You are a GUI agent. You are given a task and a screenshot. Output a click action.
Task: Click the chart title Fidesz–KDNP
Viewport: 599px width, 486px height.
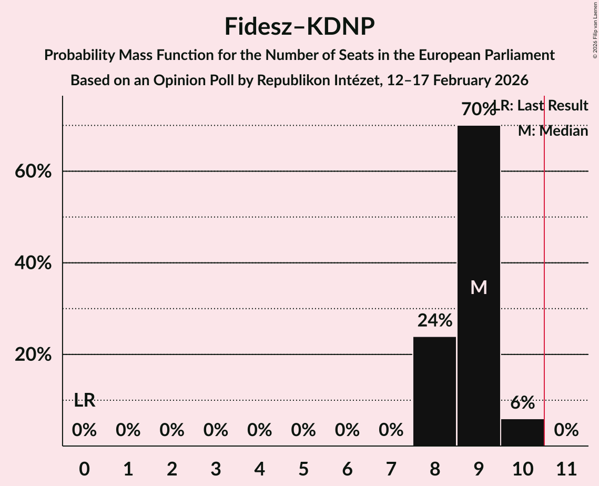299,26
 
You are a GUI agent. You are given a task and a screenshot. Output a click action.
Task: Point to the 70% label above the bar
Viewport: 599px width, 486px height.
478,109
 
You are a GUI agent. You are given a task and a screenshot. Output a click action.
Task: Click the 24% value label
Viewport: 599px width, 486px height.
434,320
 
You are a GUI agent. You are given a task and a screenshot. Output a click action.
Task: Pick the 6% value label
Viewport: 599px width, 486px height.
522,403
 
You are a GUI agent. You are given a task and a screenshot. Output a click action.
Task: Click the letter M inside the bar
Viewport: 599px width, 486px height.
479,287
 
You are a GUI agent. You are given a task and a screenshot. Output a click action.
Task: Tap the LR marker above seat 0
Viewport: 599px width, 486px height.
84,400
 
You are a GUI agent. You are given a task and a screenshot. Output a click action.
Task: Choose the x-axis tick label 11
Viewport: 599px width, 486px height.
566,467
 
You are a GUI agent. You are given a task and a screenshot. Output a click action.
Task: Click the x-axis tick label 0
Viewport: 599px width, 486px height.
84,467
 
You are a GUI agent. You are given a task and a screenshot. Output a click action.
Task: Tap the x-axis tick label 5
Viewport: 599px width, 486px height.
303,467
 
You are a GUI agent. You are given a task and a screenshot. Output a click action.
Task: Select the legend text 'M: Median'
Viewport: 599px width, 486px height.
553,131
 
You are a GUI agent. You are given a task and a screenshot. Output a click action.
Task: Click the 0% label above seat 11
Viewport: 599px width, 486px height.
566,430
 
